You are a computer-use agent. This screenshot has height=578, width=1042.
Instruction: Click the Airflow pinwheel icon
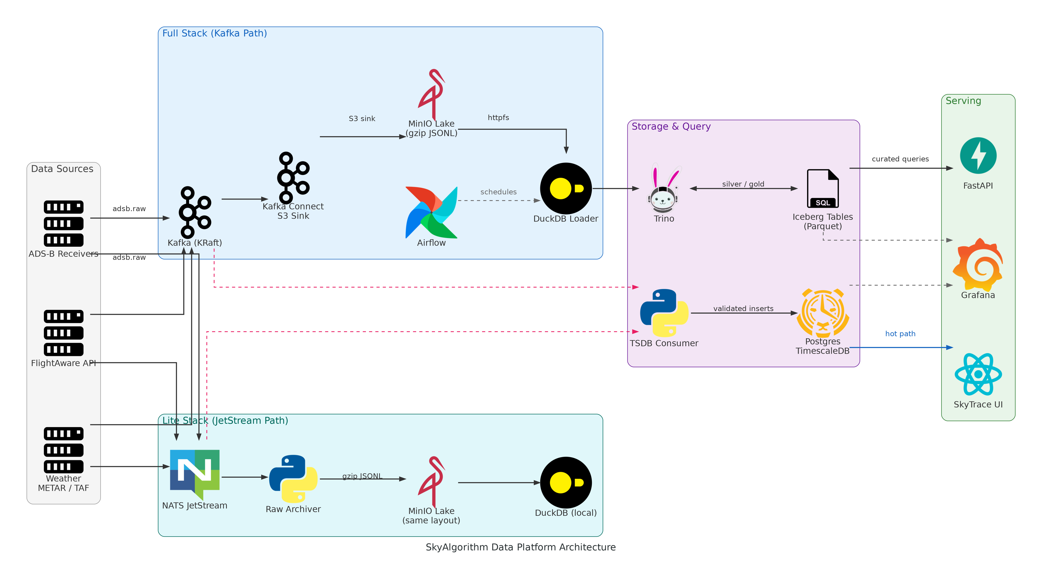point(431,212)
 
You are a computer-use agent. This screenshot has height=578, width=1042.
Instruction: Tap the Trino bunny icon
point(663,188)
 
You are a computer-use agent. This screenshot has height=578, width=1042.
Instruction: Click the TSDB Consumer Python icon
point(664,313)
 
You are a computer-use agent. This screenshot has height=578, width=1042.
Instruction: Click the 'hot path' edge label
point(900,334)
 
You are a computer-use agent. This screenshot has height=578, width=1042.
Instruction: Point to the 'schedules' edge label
point(498,192)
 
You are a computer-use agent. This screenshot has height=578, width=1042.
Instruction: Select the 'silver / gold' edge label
point(743,184)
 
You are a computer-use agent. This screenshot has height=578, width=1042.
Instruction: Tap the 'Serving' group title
point(963,101)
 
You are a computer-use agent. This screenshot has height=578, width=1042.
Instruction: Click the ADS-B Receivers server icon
point(64,223)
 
